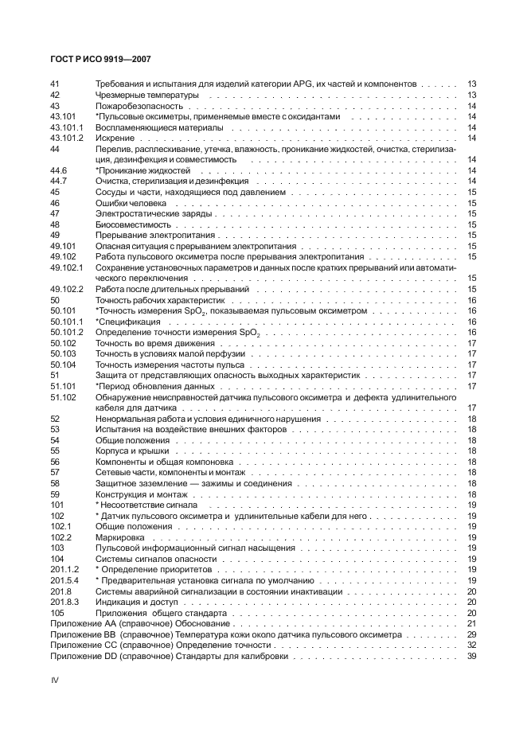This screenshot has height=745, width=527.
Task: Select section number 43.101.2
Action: point(67,138)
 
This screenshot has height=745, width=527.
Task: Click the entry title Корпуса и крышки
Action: point(132,451)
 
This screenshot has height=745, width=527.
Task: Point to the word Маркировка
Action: point(120,538)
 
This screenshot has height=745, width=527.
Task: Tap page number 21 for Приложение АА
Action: point(471,624)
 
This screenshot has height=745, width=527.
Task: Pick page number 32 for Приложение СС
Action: point(471,646)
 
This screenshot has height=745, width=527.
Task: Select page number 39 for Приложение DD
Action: point(471,657)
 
